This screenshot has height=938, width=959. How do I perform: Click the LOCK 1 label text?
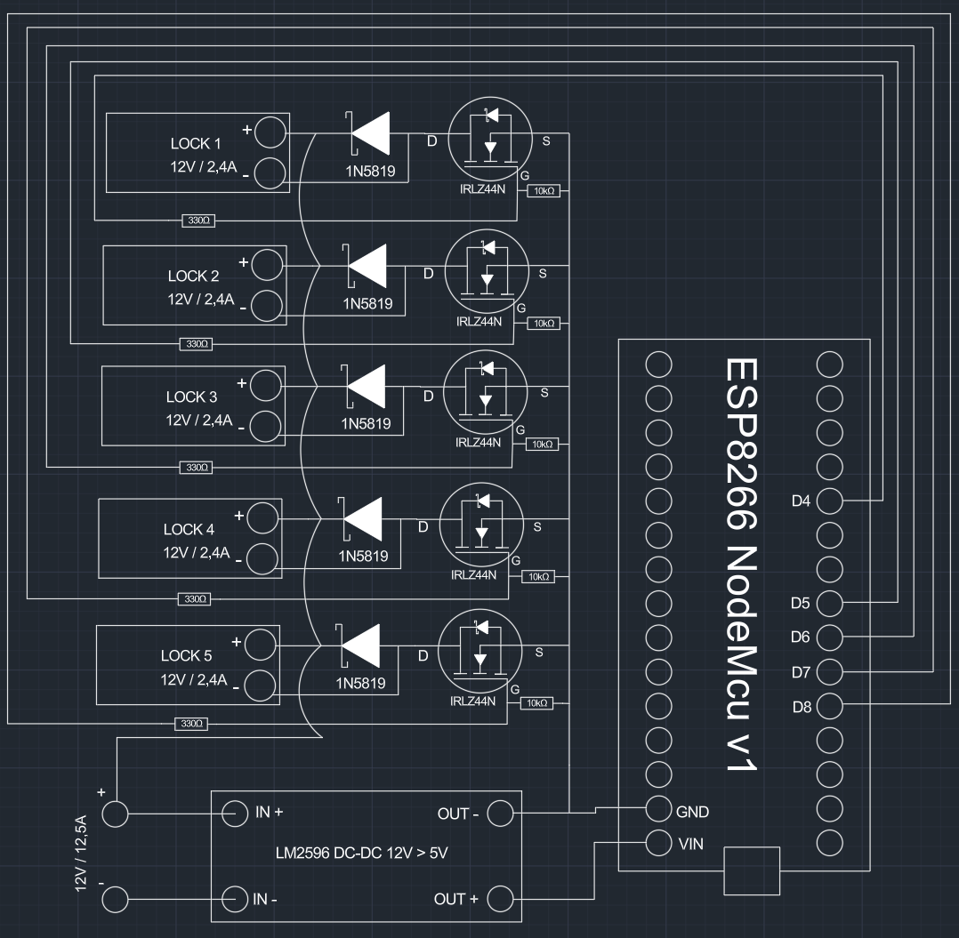pyautogui.click(x=196, y=144)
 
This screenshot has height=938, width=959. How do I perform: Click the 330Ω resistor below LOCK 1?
pyautogui.click(x=197, y=220)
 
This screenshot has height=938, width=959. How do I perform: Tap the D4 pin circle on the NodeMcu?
pyautogui.click(x=829, y=501)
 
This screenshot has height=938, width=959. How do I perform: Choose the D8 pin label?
pyautogui.click(x=801, y=707)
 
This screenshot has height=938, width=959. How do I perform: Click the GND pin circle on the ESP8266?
pyautogui.click(x=658, y=809)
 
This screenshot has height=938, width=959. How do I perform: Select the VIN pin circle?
pyautogui.click(x=658, y=843)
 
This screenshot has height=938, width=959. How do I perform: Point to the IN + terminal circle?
pyautogui.click(x=234, y=813)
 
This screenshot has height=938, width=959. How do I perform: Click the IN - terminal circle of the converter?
pyautogui.click(x=234, y=899)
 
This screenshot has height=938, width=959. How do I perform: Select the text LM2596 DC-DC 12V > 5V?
pyautogui.click(x=363, y=854)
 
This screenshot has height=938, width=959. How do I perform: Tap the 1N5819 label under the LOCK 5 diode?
pyautogui.click(x=360, y=685)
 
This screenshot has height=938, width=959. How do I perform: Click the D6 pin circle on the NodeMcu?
pyautogui.click(x=829, y=637)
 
